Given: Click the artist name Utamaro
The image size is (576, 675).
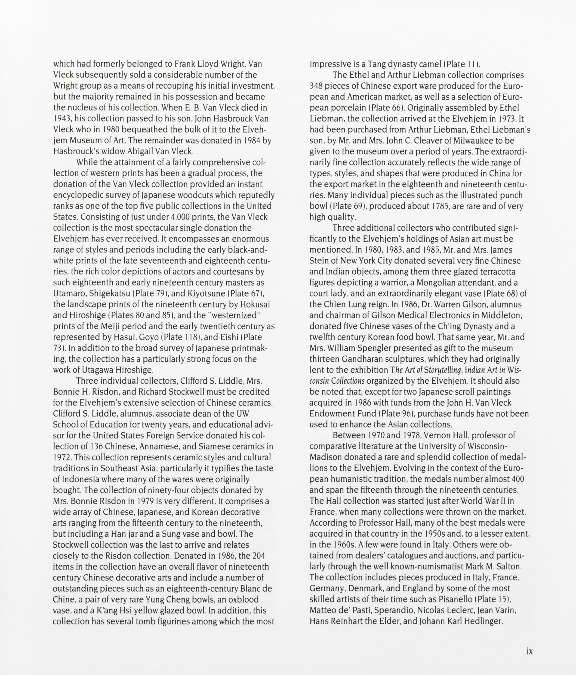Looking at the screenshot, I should coord(69,293).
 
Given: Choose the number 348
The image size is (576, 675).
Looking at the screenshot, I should coord(316,86).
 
